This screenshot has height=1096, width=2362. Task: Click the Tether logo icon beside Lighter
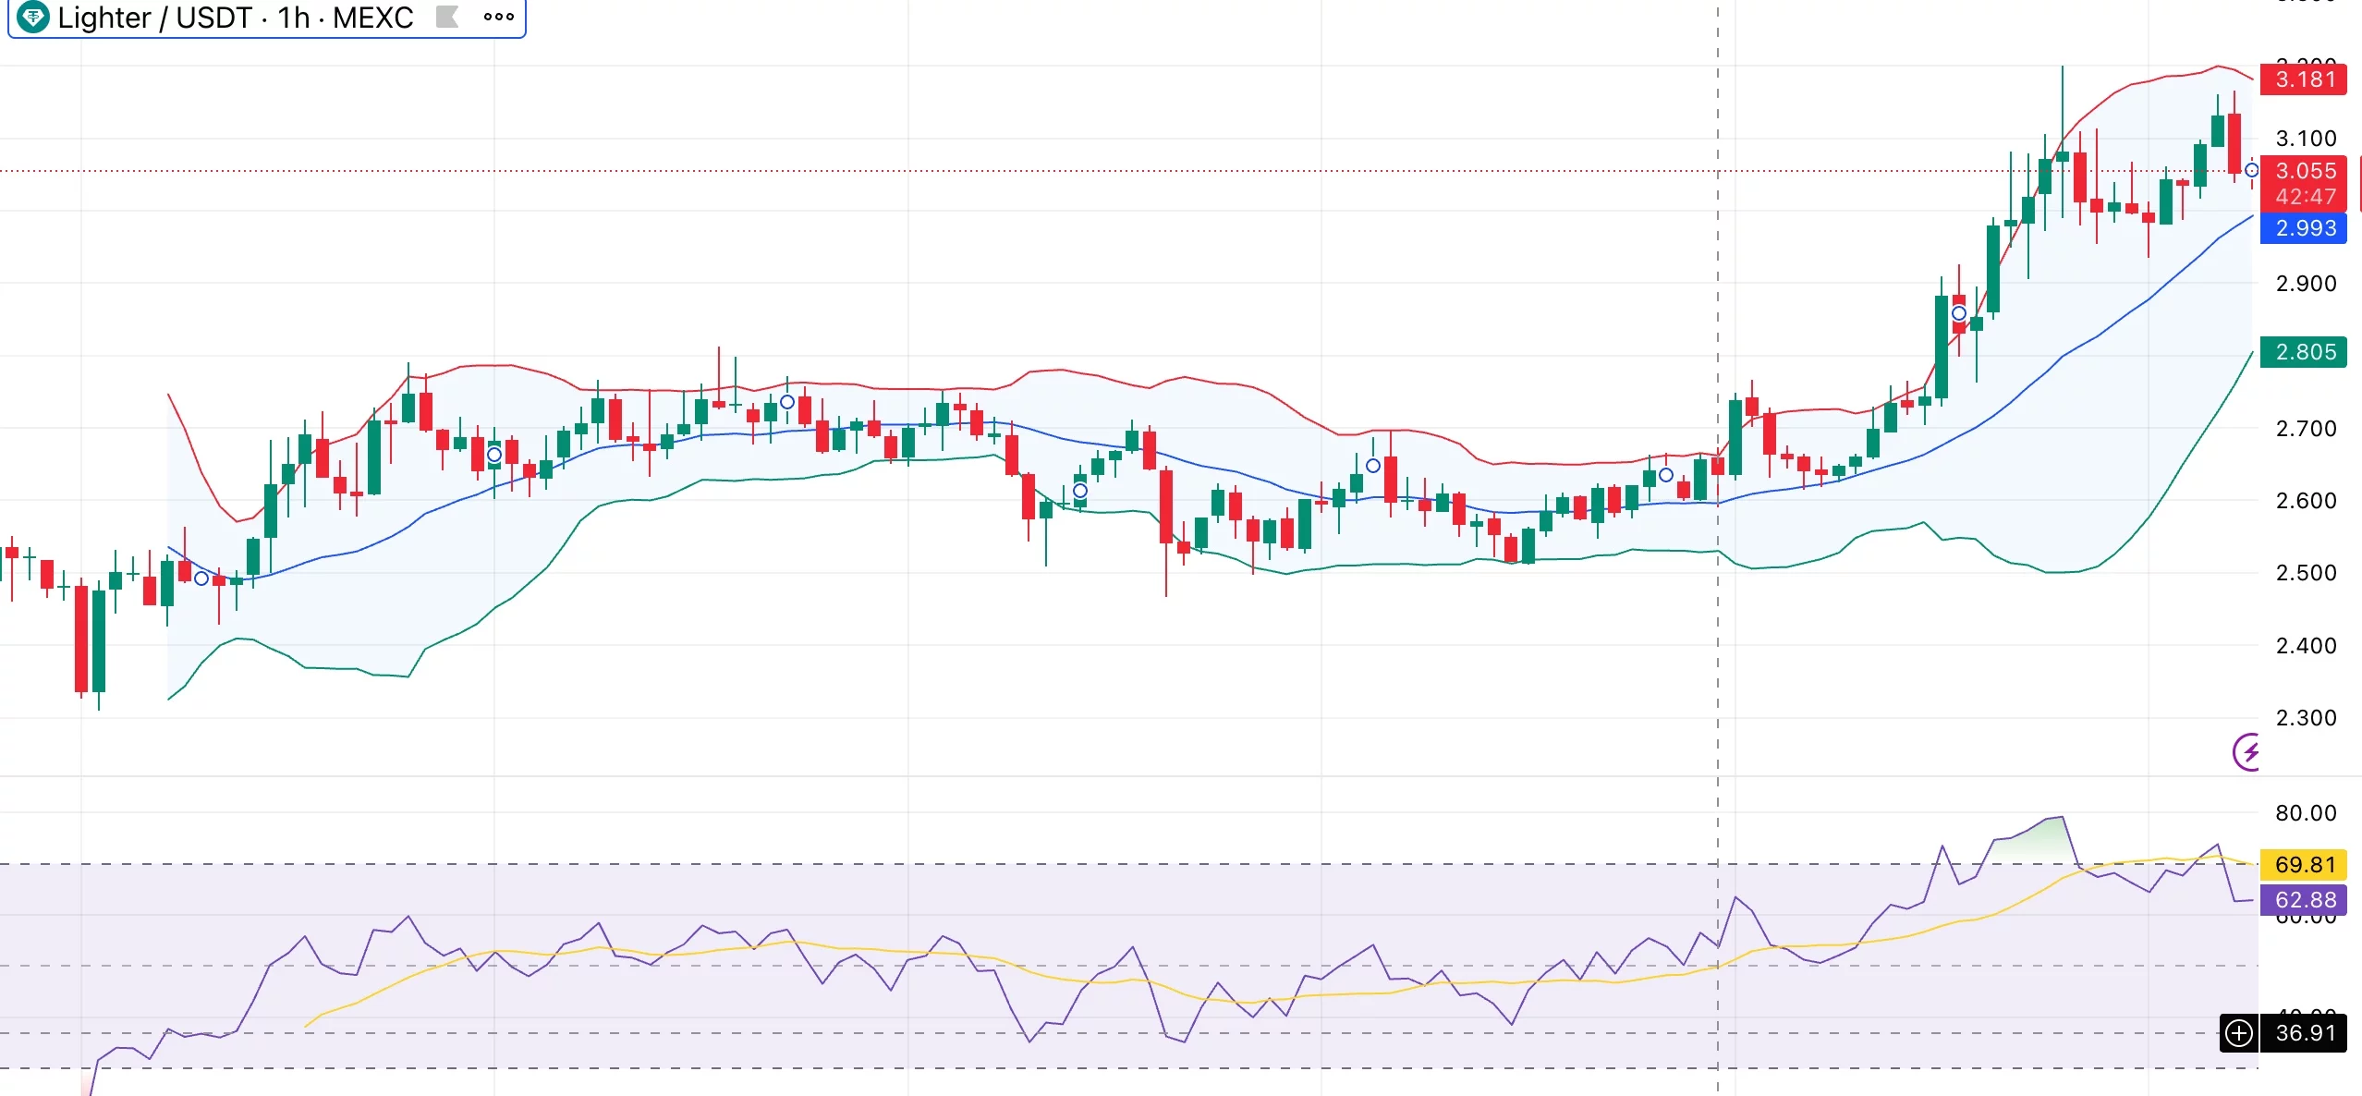33,17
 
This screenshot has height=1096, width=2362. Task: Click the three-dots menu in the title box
498,17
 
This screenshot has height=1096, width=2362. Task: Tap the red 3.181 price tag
2304,79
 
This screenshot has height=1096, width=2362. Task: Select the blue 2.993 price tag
2304,228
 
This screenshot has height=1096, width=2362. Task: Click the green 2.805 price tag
2304,352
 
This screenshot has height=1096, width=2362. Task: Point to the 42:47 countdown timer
2305,197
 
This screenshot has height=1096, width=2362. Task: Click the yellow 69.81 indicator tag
2304,865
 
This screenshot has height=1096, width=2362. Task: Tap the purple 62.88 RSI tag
2304,900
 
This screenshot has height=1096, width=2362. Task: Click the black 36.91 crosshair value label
2305,1033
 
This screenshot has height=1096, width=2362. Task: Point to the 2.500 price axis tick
2305,573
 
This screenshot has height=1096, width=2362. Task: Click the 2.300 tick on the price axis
2305,718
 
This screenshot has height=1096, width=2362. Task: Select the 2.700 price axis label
2305,429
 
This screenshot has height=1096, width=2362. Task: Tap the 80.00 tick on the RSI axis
2305,813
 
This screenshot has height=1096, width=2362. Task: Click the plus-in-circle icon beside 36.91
2239,1033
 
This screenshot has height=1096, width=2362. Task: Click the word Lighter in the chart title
103,18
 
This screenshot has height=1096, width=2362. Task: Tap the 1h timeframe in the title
294,18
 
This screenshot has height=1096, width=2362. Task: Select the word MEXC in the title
372,18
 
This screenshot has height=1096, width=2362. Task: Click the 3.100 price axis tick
2305,139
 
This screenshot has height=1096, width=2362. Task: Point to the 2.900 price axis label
2305,284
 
